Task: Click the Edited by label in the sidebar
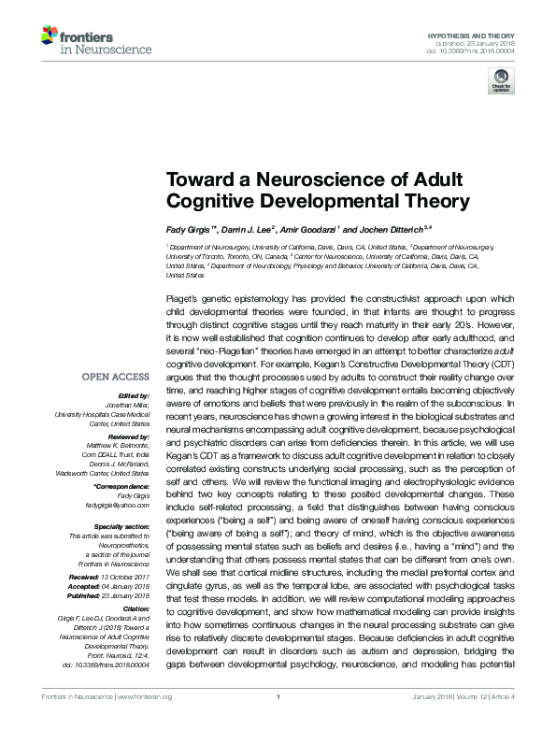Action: (134, 396)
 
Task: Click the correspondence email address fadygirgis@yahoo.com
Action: (121, 504)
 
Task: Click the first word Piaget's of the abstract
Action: (180, 296)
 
